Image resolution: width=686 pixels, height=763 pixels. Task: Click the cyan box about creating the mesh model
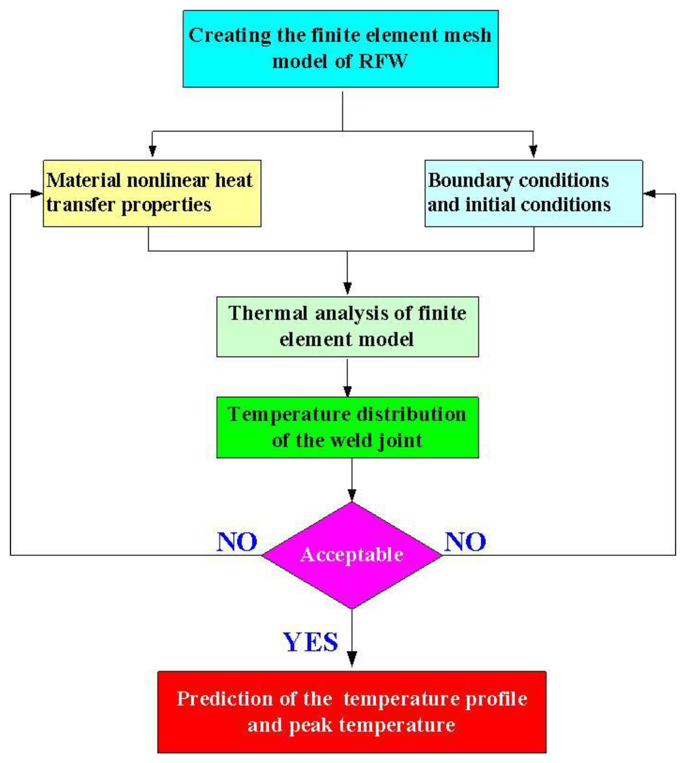340,49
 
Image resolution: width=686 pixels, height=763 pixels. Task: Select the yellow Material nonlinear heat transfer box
152,193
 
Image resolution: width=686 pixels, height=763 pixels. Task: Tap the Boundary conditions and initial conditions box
533,193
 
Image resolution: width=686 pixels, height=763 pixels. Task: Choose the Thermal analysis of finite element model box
347,327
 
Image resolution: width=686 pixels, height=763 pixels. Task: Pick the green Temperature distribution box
347,427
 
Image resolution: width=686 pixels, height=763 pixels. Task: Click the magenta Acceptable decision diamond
352,555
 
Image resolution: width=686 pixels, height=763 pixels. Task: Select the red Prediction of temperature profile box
352,712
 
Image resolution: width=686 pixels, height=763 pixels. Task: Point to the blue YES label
311,642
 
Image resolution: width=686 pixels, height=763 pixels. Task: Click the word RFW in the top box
383,61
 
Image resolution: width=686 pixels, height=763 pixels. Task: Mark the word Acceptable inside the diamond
352,555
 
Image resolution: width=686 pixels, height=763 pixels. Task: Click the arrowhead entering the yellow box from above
152,151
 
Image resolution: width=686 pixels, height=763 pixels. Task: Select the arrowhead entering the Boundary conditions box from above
533,151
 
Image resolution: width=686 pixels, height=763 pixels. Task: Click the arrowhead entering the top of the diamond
352,495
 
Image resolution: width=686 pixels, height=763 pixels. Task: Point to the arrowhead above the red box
352,659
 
